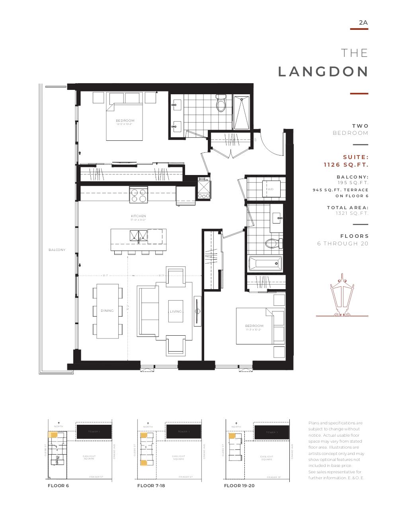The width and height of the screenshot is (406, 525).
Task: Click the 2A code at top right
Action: (363, 23)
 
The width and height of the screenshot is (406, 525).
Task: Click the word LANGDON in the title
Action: (323, 72)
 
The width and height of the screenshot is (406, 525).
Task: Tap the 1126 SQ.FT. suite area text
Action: (345, 165)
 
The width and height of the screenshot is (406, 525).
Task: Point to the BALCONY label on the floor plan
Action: (57, 250)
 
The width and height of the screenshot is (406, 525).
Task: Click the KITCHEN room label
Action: (139, 216)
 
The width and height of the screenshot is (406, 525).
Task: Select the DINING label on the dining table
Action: (107, 311)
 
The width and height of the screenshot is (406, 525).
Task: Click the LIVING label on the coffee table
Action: (176, 311)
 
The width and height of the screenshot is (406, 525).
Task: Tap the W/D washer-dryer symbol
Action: (271, 189)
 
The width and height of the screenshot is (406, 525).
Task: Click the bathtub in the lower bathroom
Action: (265, 263)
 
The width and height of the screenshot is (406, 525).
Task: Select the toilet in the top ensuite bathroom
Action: (221, 104)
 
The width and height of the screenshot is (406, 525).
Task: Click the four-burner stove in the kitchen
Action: (139, 195)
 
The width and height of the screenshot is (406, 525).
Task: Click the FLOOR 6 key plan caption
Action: (58, 486)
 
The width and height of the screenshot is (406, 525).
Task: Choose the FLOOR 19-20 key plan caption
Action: (239, 486)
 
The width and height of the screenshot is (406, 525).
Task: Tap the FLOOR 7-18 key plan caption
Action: (151, 486)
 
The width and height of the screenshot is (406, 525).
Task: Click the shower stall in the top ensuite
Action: (242, 112)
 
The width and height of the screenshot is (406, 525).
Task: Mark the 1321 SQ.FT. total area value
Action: (352, 214)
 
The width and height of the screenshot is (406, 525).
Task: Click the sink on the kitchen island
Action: (139, 236)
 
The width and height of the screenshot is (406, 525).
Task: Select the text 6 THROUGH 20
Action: (343, 243)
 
